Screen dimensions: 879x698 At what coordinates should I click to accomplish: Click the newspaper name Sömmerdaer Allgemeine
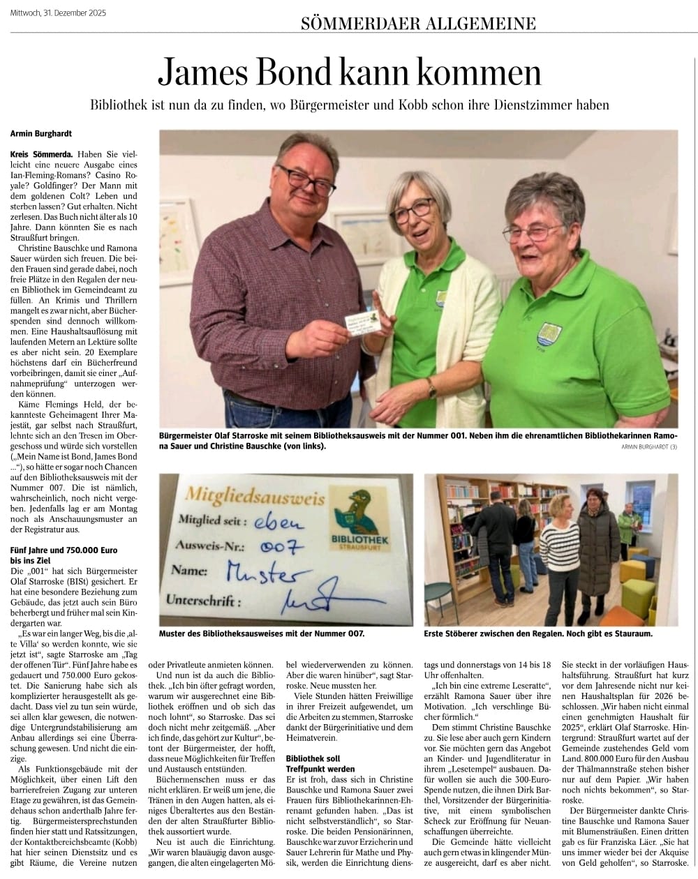(418, 24)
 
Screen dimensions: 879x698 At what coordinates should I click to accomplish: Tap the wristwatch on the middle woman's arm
(432, 391)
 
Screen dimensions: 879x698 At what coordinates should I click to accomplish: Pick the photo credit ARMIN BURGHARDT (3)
(648, 447)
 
